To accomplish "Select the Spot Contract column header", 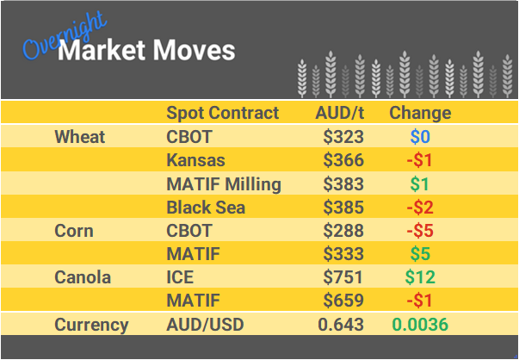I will [222, 113].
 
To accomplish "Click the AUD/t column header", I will [340, 113].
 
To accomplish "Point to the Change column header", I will [420, 113].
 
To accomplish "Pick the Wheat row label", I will [79, 137].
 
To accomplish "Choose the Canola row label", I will [83, 277].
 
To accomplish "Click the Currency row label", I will [91, 325].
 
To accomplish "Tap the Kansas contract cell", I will [195, 160].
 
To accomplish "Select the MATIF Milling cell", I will [223, 183].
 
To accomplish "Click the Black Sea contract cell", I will [206, 208].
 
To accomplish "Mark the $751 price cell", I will [343, 277].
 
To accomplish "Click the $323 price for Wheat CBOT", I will [343, 137].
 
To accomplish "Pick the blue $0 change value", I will [420, 137].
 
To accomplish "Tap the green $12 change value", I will [420, 277].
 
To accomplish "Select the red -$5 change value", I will [420, 231].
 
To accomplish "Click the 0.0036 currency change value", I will [420, 325].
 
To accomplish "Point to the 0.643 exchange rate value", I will [341, 325].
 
